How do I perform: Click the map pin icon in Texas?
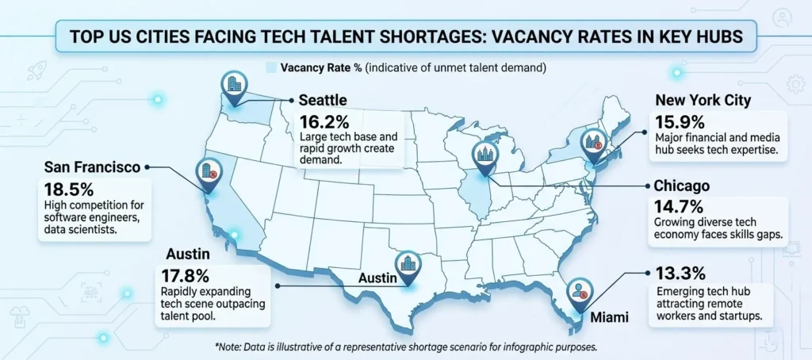[408, 266]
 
